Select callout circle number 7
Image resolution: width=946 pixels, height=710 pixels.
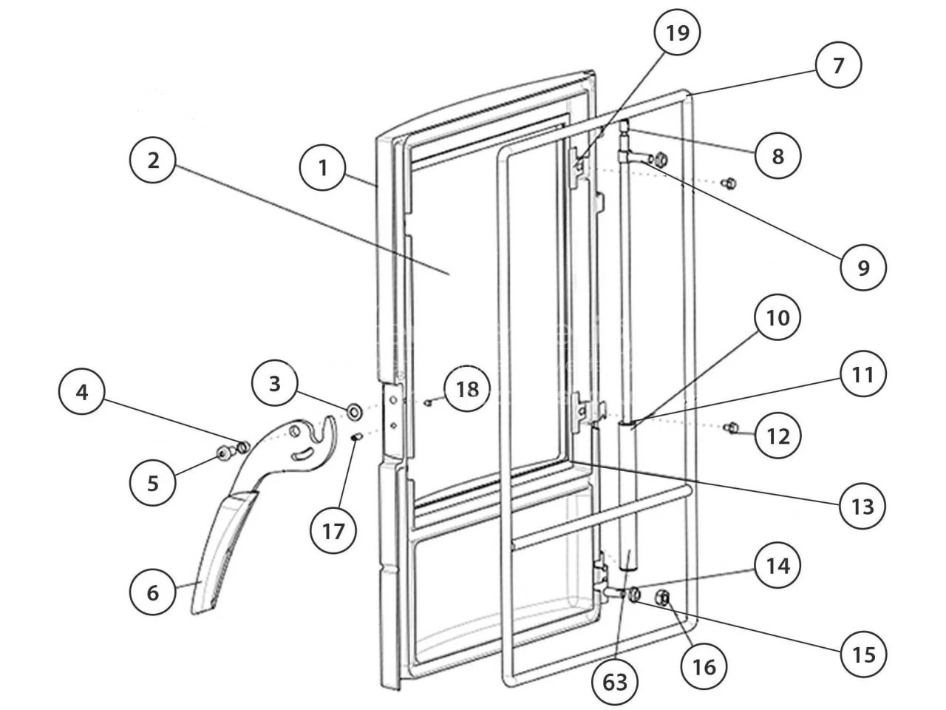838,66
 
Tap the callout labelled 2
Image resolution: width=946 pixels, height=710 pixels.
153,160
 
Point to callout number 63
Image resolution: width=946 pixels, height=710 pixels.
615,682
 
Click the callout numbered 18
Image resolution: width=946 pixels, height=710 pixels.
467,389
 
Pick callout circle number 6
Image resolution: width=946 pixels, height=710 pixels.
153,592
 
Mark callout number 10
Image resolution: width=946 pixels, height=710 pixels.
777,318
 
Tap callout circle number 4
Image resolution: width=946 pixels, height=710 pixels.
82,392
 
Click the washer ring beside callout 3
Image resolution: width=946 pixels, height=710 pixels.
353,409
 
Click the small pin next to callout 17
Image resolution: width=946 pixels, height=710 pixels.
355,437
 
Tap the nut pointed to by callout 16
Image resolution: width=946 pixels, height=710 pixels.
663,598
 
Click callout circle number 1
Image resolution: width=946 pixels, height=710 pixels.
322,168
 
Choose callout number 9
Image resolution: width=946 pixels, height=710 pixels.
863,267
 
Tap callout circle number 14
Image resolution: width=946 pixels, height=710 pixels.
777,566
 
